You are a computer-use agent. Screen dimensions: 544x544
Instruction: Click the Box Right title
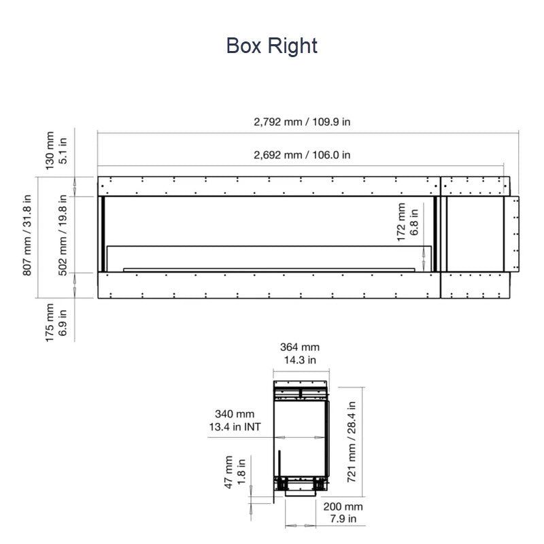pos(271,46)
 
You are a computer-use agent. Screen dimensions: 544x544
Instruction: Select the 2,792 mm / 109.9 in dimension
pos(302,122)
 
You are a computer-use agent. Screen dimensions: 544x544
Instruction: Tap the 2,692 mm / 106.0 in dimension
pos(302,155)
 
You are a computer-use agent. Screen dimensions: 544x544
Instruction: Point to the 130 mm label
pos(50,150)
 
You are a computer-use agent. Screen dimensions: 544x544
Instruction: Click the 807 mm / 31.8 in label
pos(27,235)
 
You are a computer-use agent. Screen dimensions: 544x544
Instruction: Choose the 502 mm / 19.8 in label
pos(63,235)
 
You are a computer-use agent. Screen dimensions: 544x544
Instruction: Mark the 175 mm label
pos(50,322)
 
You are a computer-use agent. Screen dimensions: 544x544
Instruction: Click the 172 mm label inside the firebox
pos(401,222)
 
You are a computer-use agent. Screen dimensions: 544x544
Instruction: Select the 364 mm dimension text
pos(300,347)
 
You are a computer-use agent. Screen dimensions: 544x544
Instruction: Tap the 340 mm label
pos(235,414)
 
